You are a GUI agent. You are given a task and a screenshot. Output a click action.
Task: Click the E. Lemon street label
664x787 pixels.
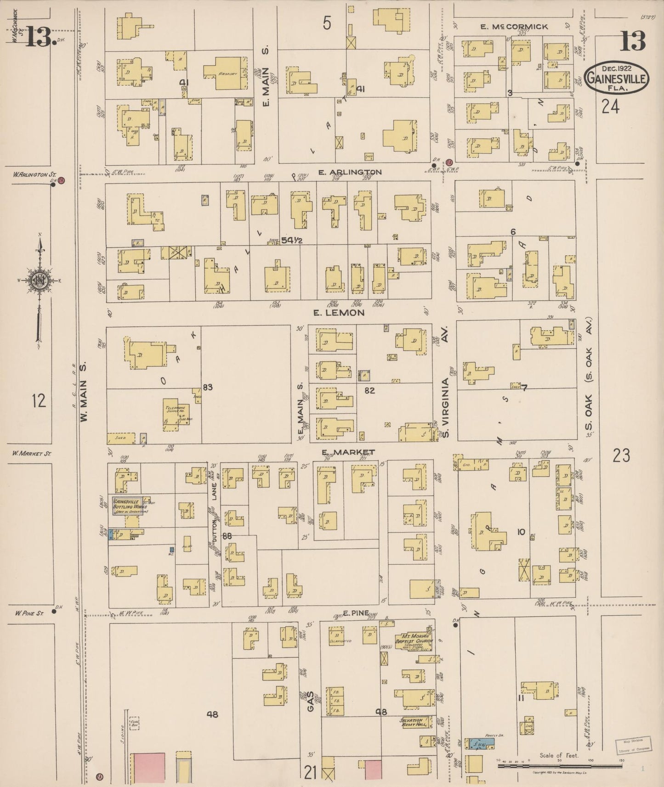click(x=339, y=313)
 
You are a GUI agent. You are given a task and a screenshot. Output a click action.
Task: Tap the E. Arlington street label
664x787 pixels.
click(x=350, y=172)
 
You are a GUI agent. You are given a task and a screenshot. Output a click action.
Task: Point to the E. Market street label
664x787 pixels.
click(x=348, y=452)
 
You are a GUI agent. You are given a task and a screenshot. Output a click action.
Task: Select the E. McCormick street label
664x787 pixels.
click(x=514, y=27)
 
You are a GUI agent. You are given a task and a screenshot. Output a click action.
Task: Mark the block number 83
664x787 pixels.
click(x=208, y=387)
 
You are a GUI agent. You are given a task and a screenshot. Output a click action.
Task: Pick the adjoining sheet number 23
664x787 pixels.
click(x=621, y=455)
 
